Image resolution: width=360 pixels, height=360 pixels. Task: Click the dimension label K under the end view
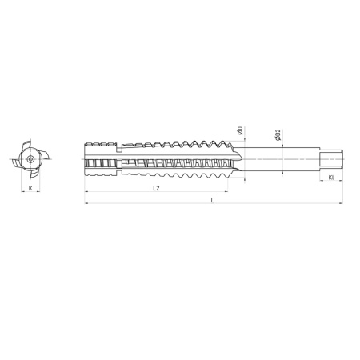[30, 187]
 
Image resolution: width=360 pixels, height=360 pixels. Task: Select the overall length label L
[212, 200]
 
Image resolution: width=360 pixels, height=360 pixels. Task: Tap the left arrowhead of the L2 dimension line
[86, 192]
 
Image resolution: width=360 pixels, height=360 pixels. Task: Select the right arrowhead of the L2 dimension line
[230, 192]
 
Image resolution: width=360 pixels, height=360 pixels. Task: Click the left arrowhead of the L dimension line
[86, 204]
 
